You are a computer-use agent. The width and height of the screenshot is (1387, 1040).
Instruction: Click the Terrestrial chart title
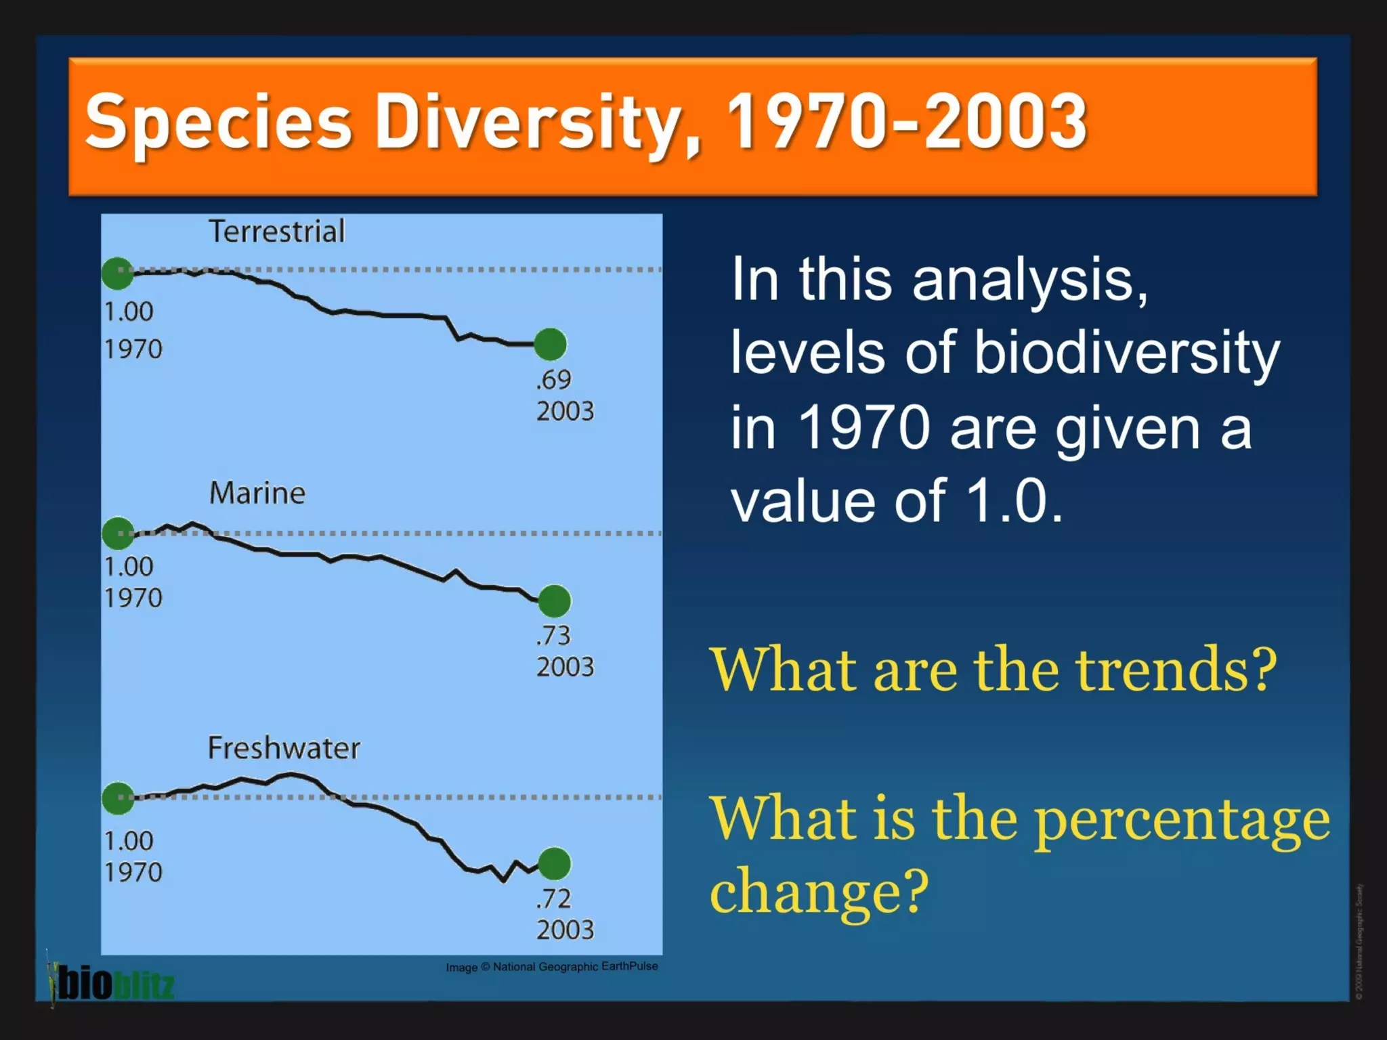pyautogui.click(x=276, y=232)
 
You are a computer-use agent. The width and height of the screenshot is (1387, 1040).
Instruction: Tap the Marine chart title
pyautogui.click(x=257, y=493)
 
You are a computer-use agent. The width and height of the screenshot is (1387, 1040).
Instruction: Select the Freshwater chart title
pyautogui.click(x=283, y=748)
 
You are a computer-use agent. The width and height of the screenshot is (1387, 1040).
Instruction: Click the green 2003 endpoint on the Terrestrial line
pyautogui.click(x=550, y=344)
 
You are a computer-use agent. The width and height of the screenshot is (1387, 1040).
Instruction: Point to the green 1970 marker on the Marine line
pyautogui.click(x=119, y=534)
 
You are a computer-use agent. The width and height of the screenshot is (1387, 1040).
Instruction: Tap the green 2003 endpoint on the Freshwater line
pyautogui.click(x=555, y=863)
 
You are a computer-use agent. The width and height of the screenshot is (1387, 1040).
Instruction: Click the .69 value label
pyautogui.click(x=553, y=380)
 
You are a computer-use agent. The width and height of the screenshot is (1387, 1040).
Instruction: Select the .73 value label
pyautogui.click(x=553, y=636)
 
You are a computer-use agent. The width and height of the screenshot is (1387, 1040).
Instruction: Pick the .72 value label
pyautogui.click(x=553, y=898)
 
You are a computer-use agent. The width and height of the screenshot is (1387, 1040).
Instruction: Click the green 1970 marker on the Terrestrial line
pyautogui.click(x=118, y=273)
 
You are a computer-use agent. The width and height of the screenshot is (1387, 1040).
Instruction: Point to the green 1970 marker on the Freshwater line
pyautogui.click(x=119, y=798)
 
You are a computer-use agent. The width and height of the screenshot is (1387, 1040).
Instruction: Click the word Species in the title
pyautogui.click(x=218, y=122)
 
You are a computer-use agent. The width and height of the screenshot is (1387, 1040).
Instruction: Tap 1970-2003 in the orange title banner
pyautogui.click(x=906, y=122)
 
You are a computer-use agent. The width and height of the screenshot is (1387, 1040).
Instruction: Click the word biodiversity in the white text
pyautogui.click(x=1126, y=353)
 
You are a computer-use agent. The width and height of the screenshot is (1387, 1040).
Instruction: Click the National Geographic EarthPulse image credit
pyautogui.click(x=551, y=966)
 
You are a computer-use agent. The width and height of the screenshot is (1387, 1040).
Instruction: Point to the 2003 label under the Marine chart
pyautogui.click(x=565, y=667)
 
